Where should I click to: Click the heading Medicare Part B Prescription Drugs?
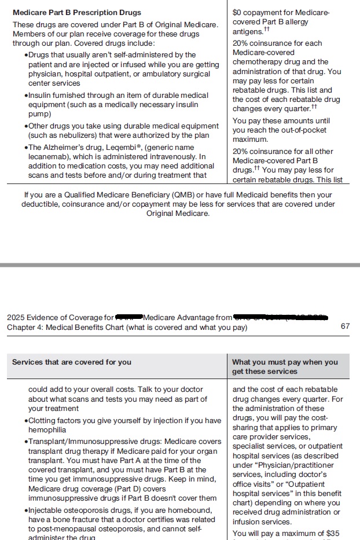[76, 12]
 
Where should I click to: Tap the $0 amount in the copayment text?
[237, 12]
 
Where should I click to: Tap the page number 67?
[345, 326]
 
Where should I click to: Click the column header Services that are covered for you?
[72, 362]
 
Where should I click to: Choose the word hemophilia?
[47, 430]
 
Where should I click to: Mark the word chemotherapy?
[256, 62]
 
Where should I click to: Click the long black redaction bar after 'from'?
[281, 317]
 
